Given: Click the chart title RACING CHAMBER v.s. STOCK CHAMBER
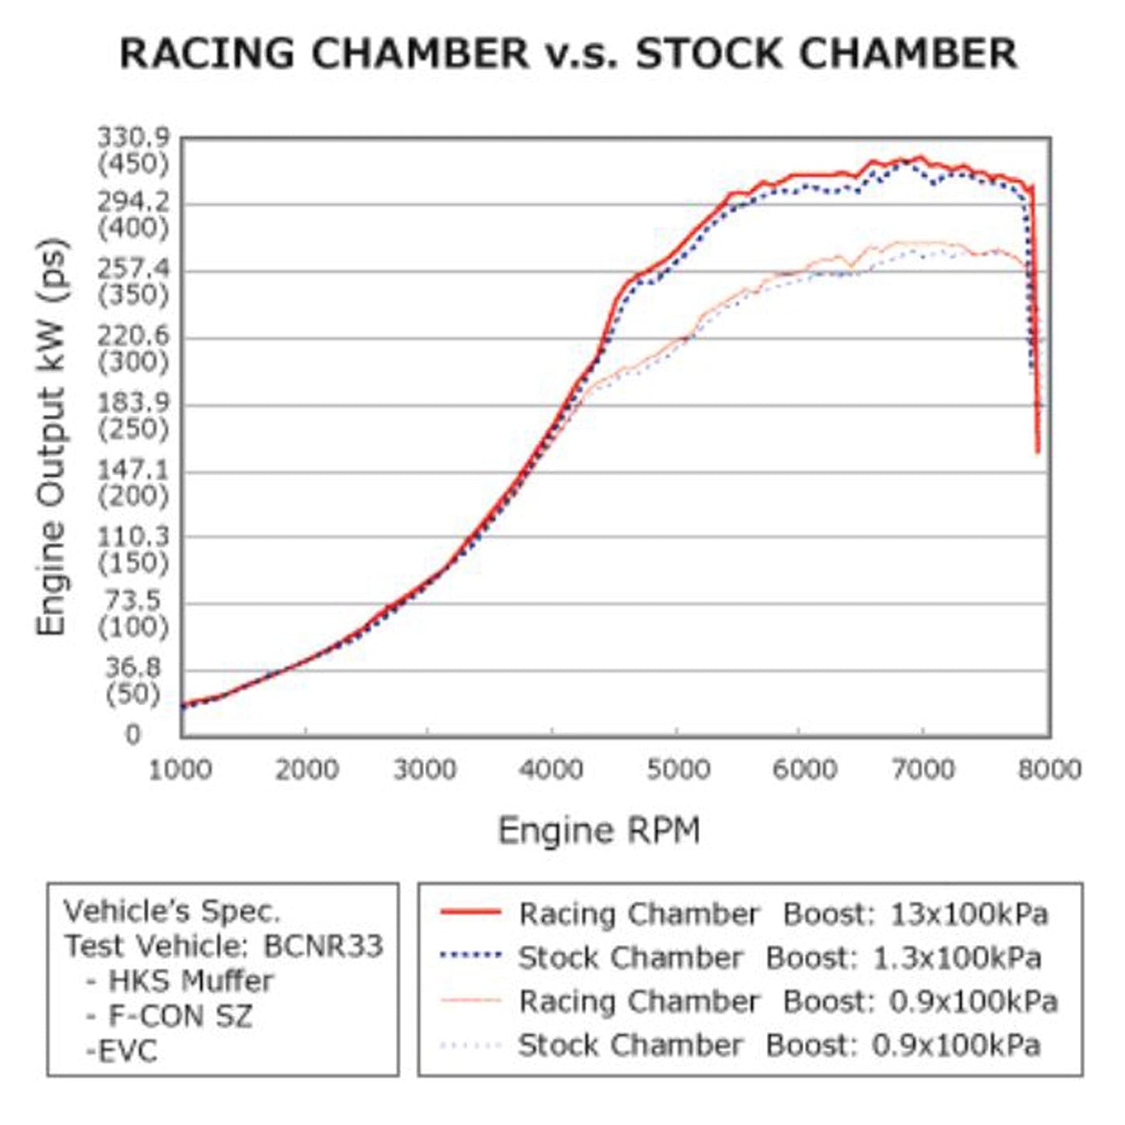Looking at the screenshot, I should [x=568, y=54].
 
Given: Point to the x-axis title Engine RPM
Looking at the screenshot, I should [x=599, y=831].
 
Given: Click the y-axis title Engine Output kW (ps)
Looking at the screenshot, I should [x=52, y=436].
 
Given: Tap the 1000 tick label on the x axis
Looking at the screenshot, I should [x=180, y=770].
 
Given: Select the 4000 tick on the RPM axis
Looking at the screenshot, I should [x=551, y=770].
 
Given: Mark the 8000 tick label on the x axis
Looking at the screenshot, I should [x=1049, y=770].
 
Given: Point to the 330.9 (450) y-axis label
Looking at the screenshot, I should [x=132, y=151].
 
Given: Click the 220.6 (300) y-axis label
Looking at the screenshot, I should [x=132, y=349].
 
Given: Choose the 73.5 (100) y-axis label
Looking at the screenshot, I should [x=132, y=613].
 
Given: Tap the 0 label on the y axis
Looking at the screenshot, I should [x=133, y=734].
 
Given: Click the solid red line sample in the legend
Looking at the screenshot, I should [x=470, y=912].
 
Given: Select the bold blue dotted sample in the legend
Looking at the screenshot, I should [x=470, y=955].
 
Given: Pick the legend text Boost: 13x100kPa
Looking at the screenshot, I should [x=916, y=913].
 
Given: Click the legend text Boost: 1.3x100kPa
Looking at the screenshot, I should [x=903, y=957].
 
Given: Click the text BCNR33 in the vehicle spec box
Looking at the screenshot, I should [x=323, y=946].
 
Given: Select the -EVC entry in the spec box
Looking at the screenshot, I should [x=121, y=1051].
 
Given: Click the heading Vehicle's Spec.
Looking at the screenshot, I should [x=171, y=911].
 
